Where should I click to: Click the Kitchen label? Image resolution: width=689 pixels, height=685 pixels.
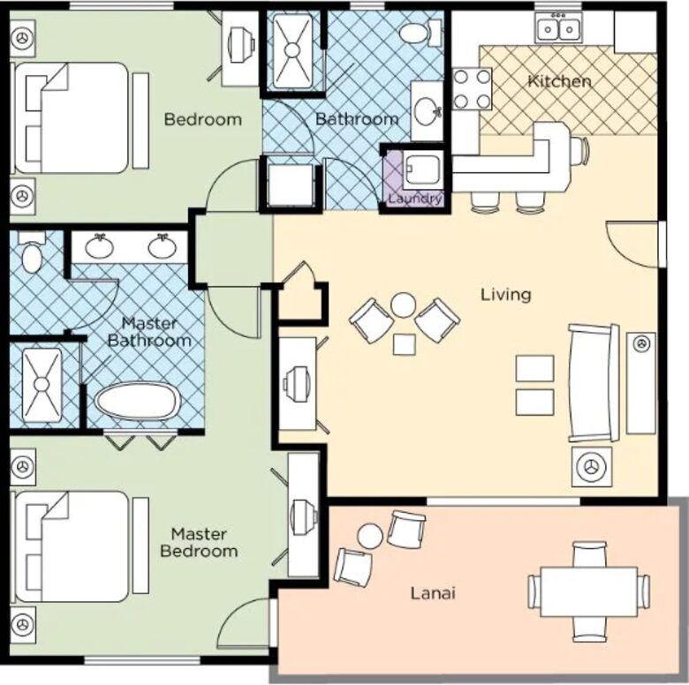pos(559,81)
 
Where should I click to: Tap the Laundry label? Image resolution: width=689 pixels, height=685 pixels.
pos(414,199)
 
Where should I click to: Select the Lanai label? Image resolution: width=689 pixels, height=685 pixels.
pos(433,593)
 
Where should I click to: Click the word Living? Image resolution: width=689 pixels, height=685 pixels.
pos(505,294)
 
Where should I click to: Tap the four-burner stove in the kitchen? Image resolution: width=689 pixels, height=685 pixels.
pos(472,88)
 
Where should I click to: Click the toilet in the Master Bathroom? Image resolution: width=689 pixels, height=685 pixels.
pos(31,255)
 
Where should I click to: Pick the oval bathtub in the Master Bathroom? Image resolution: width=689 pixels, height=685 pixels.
pos(138,403)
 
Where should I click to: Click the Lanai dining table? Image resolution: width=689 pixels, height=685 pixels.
pos(588,591)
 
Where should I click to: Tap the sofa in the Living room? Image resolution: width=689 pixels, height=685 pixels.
pos(593,382)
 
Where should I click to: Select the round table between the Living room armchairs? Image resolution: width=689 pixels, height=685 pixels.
pos(403,305)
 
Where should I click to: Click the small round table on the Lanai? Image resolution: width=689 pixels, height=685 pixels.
pos(370,535)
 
